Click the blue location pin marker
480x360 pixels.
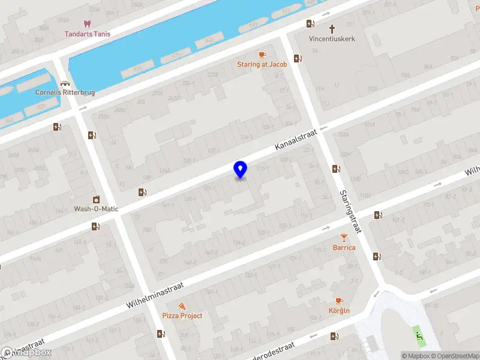[240, 169]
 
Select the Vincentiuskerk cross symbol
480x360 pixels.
[332, 28]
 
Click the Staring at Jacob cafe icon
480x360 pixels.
[262, 55]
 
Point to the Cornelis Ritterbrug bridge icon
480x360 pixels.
[64, 83]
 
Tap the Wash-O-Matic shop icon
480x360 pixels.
[95, 199]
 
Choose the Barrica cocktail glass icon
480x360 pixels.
[344, 238]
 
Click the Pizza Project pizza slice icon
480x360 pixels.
[182, 306]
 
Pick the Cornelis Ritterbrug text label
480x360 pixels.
[65, 93]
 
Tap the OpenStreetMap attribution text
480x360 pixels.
[451, 356]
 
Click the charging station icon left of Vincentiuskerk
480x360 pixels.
[310, 24]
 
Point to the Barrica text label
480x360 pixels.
[344, 247]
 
